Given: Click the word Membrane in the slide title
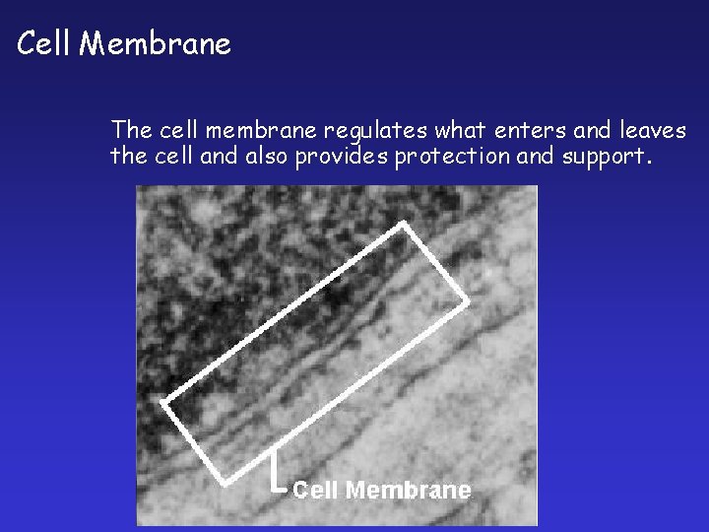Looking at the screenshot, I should [155, 44].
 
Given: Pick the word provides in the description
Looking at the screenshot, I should [343, 157].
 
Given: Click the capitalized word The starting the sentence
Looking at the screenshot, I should [132, 130].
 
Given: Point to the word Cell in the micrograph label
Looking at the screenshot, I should [316, 490].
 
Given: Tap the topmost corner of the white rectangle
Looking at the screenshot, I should [403, 225].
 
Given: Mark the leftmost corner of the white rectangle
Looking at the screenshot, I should [163, 403].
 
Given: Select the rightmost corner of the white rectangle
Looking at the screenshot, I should [467, 300].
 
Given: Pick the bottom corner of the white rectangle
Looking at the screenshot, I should [227, 482].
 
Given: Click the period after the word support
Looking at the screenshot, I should [647, 163].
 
